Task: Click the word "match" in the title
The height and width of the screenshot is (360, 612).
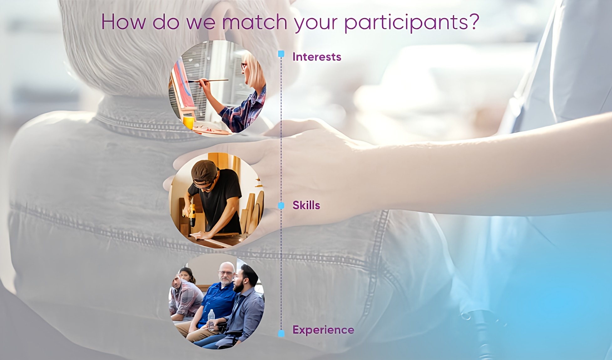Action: pyautogui.click(x=255, y=22)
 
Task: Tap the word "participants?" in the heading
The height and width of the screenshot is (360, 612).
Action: pyautogui.click(x=412, y=23)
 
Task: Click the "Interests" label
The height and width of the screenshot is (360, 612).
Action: pyautogui.click(x=317, y=57)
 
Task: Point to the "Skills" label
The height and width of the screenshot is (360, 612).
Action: pyautogui.click(x=306, y=205)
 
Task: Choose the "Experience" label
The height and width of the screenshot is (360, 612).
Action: pyautogui.click(x=323, y=330)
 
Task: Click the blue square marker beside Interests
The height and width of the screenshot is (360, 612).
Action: pyautogui.click(x=281, y=54)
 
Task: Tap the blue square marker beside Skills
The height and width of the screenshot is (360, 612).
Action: pyautogui.click(x=281, y=205)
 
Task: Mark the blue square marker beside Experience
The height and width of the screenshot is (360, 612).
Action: pyautogui.click(x=281, y=333)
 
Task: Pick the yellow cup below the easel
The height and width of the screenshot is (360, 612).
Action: pyautogui.click(x=189, y=122)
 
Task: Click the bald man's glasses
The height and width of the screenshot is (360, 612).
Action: pyautogui.click(x=226, y=273)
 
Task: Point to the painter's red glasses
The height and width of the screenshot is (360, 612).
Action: pyautogui.click(x=243, y=66)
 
